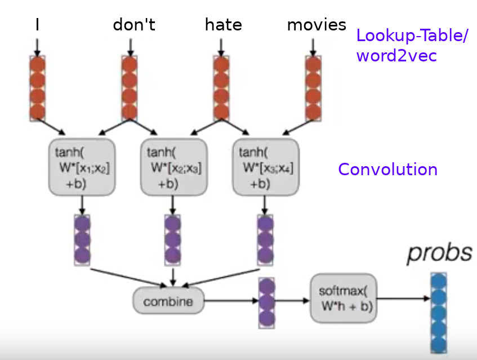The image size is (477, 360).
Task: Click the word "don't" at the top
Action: pos(133,25)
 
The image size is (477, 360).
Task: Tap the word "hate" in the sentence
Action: pos(223,25)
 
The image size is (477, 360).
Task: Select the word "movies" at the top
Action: pos(316,25)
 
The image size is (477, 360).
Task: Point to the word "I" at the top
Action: pos(37,25)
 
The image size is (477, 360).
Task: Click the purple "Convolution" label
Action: pos(387,170)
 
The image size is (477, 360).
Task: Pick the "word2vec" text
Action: pos(396,56)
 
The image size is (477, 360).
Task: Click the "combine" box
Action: pos(167,301)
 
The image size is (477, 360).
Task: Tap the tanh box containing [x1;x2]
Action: pos(82,167)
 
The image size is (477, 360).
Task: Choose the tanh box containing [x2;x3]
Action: pos(174,167)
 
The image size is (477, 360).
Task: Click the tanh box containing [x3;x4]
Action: pos(266,167)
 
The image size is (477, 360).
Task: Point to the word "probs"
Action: pos(439,253)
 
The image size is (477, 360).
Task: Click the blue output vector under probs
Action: pos(438,313)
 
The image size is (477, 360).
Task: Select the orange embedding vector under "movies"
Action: pos(313,88)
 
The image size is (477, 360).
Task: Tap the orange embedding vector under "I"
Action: pos(38,88)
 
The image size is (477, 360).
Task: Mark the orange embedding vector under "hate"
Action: pos(222,88)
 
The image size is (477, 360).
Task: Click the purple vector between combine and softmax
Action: pos(267,303)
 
